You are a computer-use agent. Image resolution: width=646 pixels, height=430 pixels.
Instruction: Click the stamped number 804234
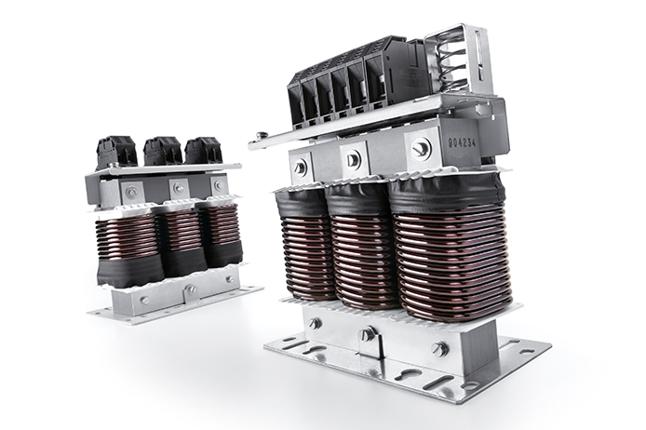462,143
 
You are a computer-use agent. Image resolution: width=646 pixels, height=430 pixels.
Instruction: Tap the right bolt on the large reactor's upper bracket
421,146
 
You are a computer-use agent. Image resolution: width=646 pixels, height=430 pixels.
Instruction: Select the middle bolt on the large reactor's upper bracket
352,158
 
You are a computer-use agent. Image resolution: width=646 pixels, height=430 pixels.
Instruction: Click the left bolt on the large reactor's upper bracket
300,168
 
